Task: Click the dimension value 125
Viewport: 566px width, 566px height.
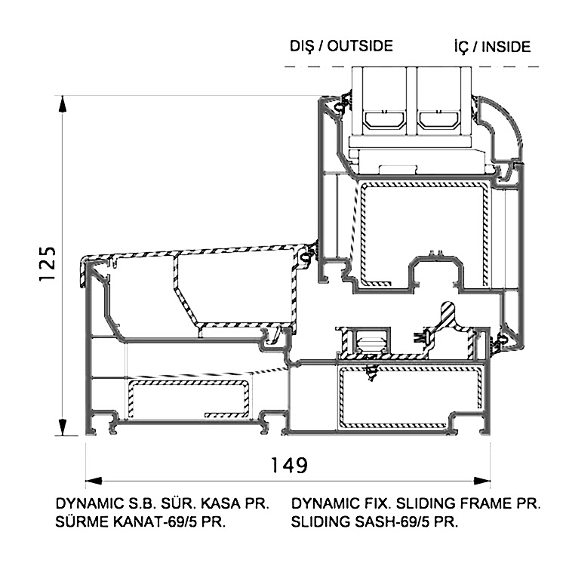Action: (x=48, y=264)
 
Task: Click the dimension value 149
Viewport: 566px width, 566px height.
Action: (x=289, y=465)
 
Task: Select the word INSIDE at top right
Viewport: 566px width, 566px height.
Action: (x=506, y=47)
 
